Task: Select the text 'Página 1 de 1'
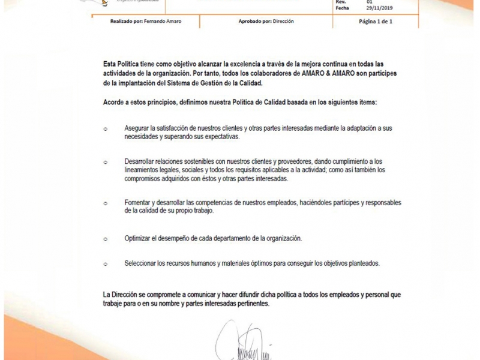tap(375, 20)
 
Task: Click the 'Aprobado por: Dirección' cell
tap(266, 20)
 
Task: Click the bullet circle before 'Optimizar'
tap(106, 239)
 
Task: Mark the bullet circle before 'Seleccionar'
tap(106, 264)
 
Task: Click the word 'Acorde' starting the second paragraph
tap(113, 103)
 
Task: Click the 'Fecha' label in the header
tap(343, 8)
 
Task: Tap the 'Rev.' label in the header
tap(341, 2)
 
